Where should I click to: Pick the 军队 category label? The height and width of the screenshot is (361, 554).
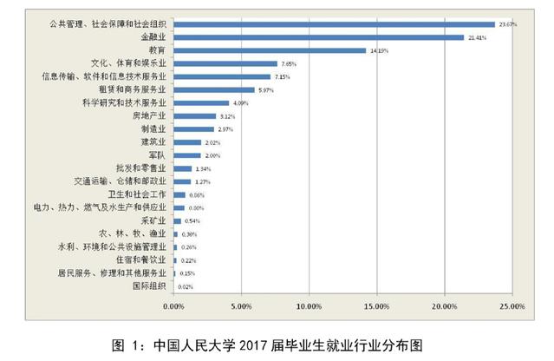point(160,154)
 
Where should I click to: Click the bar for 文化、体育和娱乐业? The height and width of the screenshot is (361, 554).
point(225,63)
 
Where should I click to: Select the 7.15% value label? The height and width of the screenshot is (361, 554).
point(285,76)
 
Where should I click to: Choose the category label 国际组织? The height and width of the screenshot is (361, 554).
point(150,285)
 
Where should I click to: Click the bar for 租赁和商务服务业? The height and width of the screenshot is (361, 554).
point(214,89)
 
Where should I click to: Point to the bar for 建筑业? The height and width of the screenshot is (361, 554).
point(187,142)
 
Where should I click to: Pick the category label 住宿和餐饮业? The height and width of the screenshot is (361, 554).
point(148,259)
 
